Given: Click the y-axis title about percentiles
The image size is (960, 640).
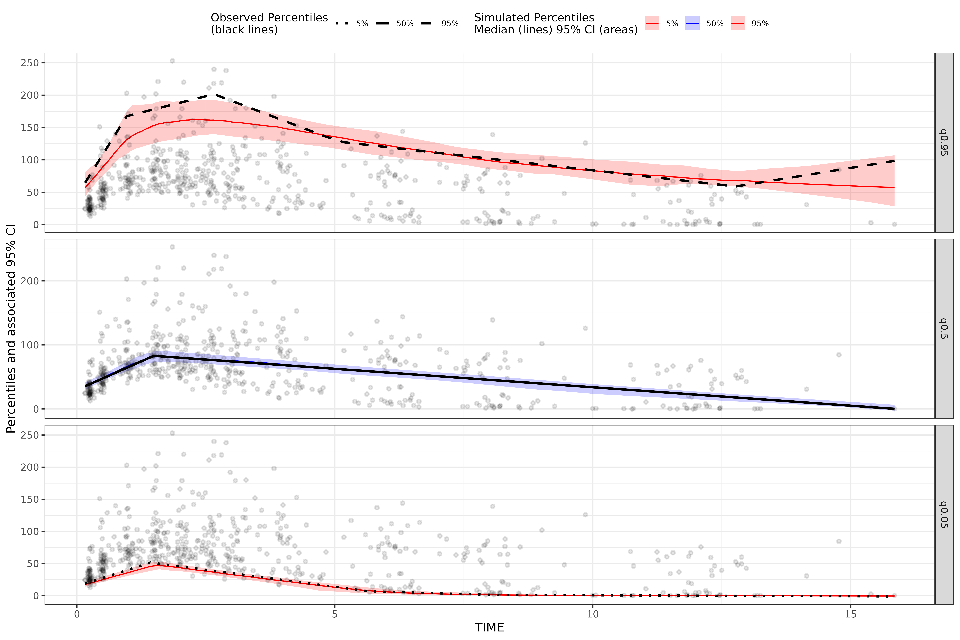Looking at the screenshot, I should point(11,329).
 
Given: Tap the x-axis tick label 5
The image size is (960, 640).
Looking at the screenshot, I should point(335,614).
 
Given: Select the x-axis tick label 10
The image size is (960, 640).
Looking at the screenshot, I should point(593,614).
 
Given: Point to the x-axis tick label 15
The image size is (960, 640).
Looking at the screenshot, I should point(851,614).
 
